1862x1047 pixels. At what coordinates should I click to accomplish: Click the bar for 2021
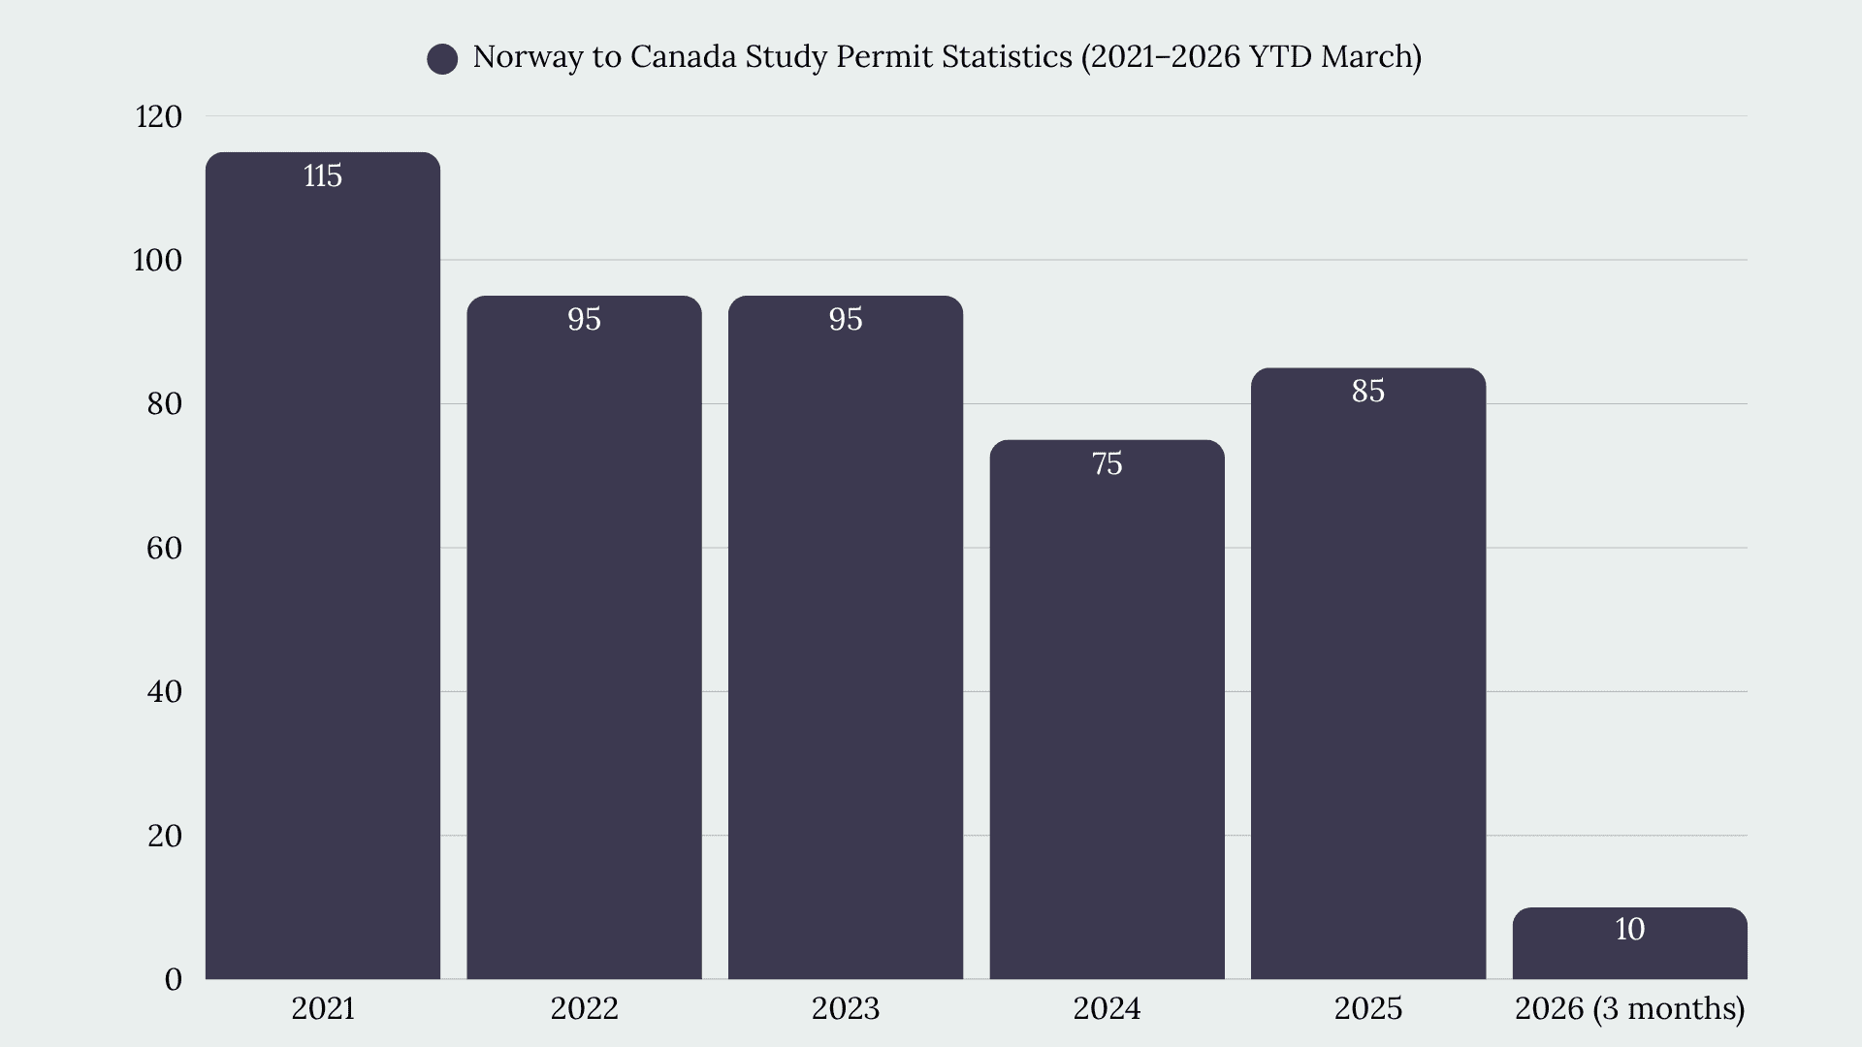coord(323,565)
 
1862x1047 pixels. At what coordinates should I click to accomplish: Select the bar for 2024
coord(1107,710)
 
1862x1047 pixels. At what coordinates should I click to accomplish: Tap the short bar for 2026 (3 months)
coord(1629,943)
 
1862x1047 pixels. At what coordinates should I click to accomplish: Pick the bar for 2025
coord(1368,674)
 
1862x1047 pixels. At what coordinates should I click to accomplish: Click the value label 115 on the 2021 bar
coord(323,175)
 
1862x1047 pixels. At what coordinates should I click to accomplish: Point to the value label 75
coord(1108,463)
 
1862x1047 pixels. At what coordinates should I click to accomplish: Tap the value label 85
coord(1368,391)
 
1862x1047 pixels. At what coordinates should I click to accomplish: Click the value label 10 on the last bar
coord(1630,929)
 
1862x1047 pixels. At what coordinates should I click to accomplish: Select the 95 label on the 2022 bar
coord(585,319)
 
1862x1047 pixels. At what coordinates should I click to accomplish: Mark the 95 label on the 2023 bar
coord(846,319)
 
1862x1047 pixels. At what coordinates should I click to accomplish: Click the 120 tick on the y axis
coord(159,116)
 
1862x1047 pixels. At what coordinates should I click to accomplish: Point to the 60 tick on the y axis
coord(165,548)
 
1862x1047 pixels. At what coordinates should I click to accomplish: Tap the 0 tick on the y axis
coord(174,979)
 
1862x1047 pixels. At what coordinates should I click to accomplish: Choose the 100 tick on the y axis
coord(158,260)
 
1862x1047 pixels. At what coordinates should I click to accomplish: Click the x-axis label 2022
coord(585,1008)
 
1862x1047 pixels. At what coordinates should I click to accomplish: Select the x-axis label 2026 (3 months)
coord(1630,1008)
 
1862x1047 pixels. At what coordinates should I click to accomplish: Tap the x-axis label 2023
coord(846,1008)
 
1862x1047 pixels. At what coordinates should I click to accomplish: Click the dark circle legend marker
coord(442,59)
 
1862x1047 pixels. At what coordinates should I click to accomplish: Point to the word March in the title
coord(1367,57)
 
